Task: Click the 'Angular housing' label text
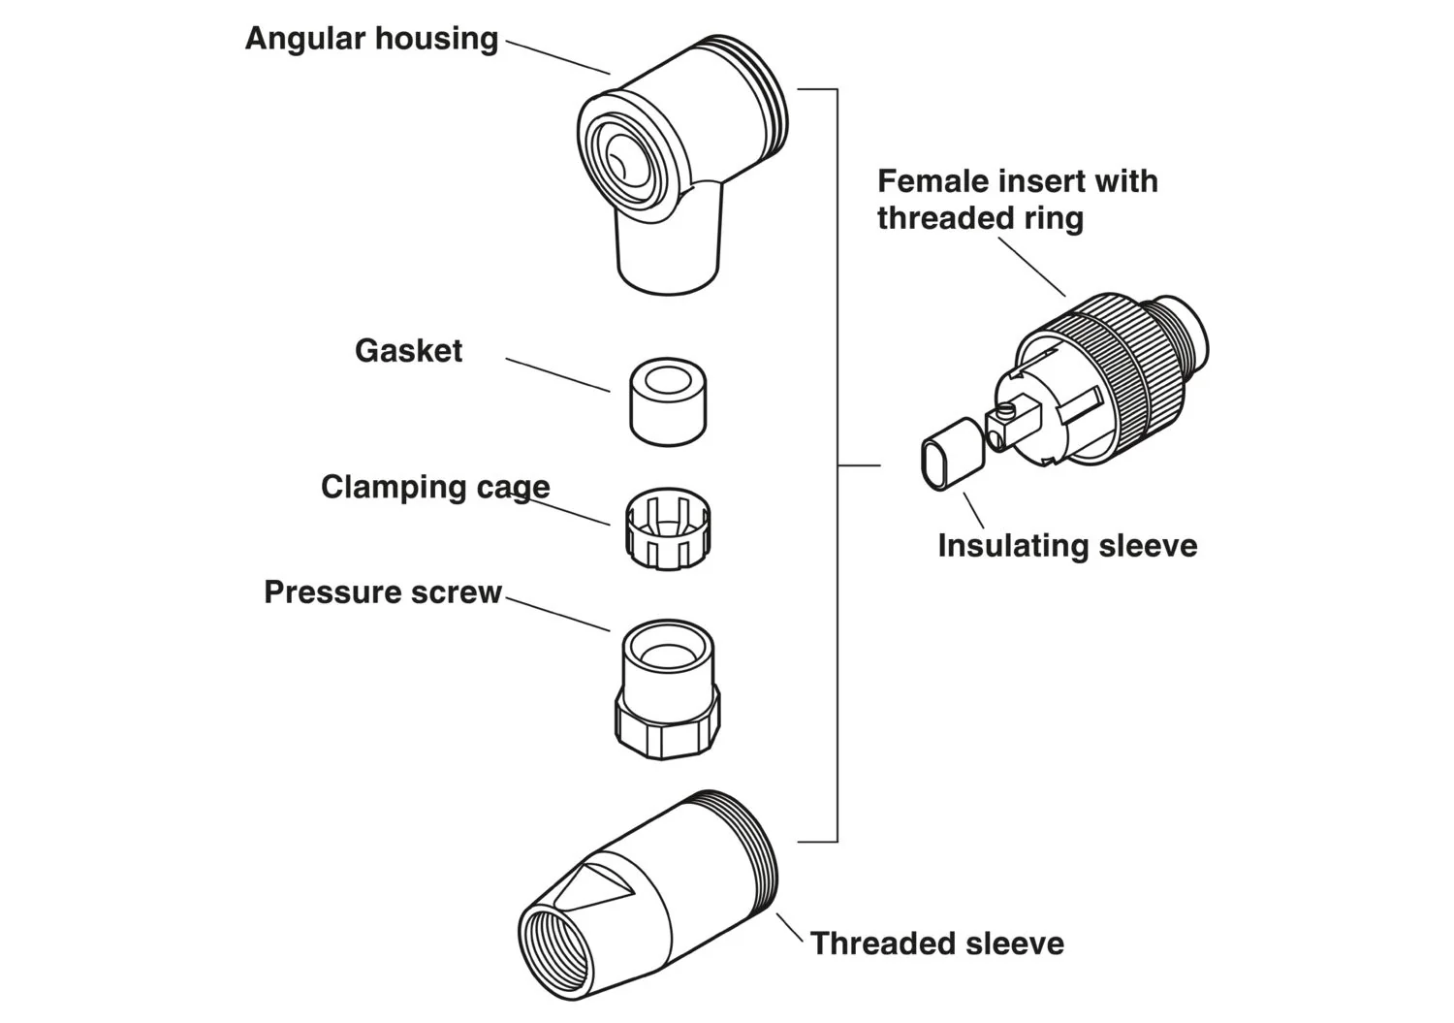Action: (x=371, y=39)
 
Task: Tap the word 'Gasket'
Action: (x=408, y=350)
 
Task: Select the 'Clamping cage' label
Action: (x=435, y=487)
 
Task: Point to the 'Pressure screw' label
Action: (x=383, y=592)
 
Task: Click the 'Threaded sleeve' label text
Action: (x=936, y=943)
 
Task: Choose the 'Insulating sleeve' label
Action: (x=1067, y=546)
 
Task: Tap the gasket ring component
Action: (x=667, y=402)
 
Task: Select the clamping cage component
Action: (x=667, y=529)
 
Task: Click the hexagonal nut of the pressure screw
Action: (x=667, y=727)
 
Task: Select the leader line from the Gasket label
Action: (x=557, y=375)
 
